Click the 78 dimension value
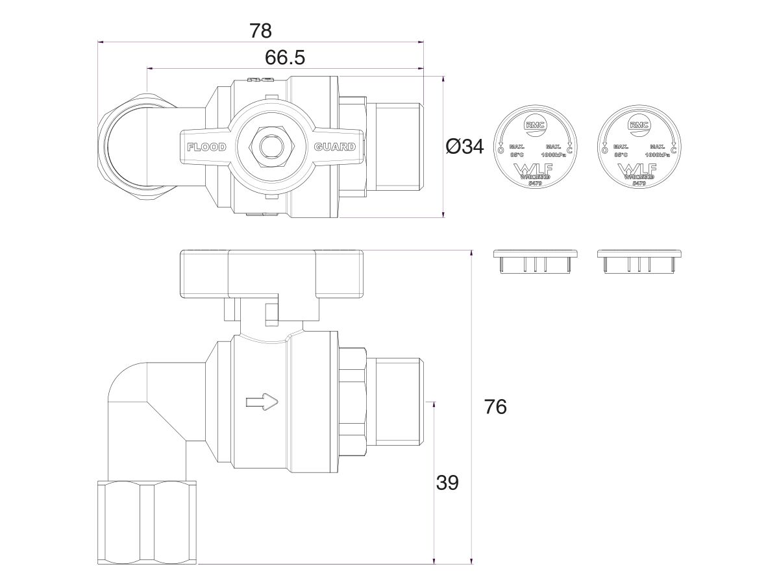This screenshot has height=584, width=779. (x=260, y=30)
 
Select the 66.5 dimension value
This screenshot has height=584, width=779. (x=284, y=58)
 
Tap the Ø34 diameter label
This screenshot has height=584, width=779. (x=465, y=147)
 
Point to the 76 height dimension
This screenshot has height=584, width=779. (x=495, y=407)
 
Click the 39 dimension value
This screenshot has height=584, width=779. (x=447, y=483)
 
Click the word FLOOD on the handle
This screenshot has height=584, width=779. (x=206, y=147)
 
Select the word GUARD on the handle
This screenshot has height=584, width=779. (x=335, y=147)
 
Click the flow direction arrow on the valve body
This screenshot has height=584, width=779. (x=262, y=403)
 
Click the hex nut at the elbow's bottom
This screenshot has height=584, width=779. (x=146, y=521)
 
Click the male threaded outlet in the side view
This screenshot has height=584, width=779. (x=396, y=402)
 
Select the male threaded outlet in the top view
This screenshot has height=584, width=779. (x=396, y=147)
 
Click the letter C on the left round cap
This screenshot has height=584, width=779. (x=569, y=151)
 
